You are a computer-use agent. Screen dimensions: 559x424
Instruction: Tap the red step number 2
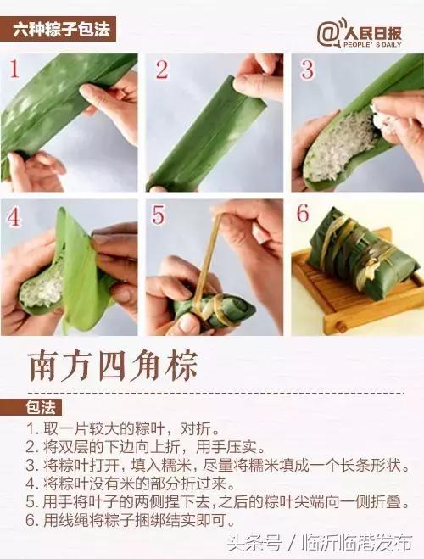(x=161, y=70)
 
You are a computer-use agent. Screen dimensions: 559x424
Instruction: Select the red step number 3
(x=307, y=70)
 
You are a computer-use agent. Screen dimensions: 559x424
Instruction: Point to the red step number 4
(x=14, y=216)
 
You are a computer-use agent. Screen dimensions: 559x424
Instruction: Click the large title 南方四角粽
(x=114, y=365)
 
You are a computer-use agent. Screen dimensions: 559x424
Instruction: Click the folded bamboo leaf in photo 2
(x=204, y=136)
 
